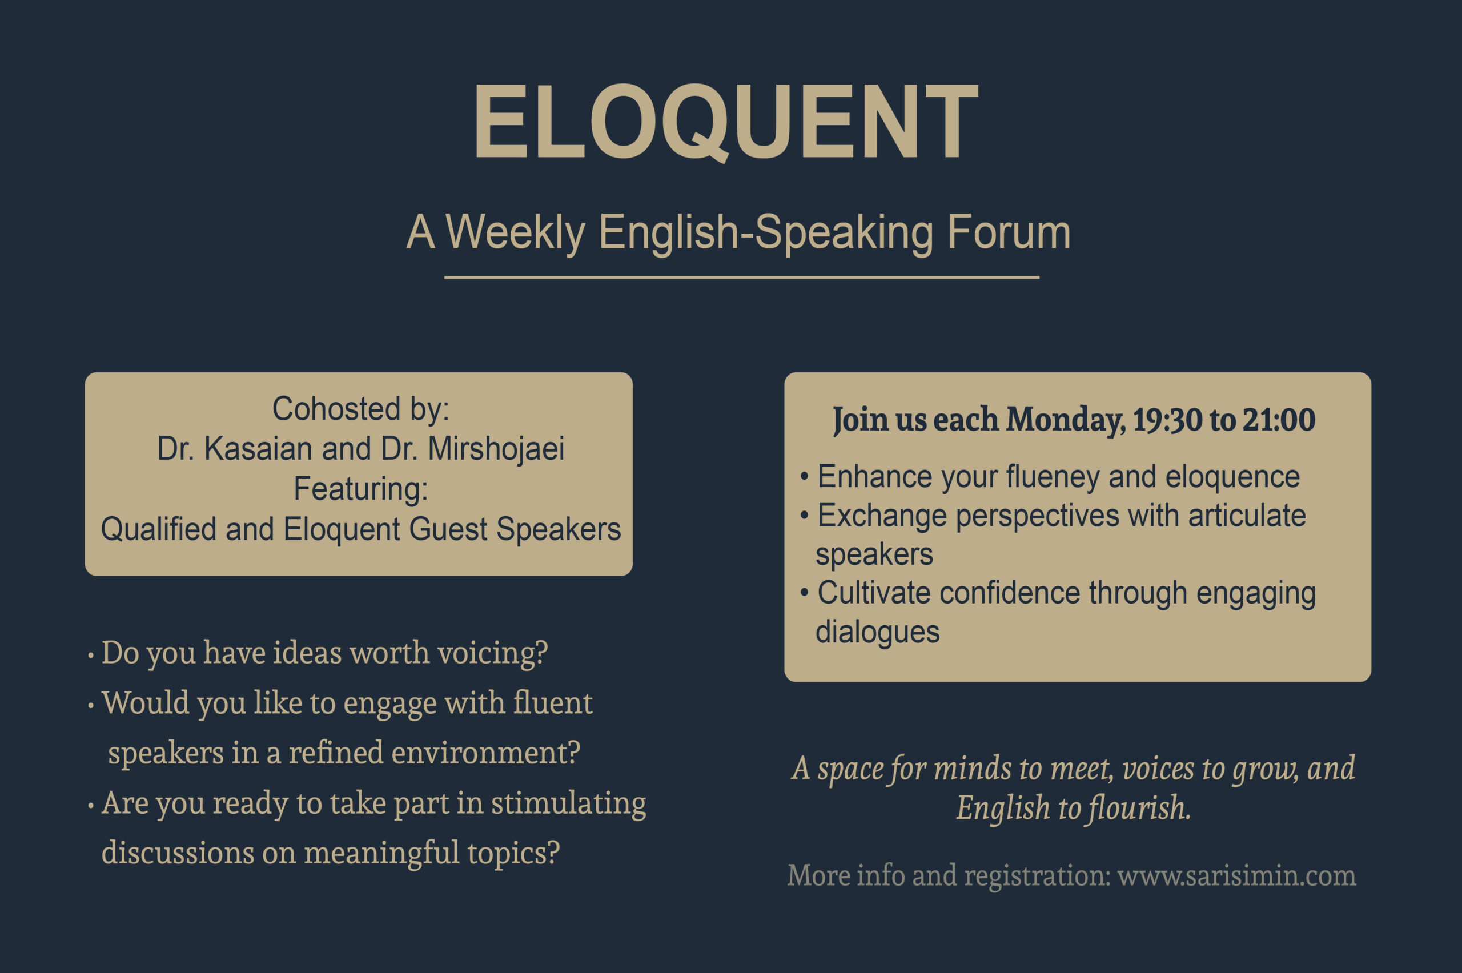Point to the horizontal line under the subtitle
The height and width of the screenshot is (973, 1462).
click(x=741, y=278)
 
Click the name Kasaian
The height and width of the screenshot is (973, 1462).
click(x=258, y=448)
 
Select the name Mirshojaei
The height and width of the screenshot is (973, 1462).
click(x=496, y=449)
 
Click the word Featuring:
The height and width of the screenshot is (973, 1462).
click(x=360, y=488)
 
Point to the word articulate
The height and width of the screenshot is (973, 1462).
click(x=1247, y=516)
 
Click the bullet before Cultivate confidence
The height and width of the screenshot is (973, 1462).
click(x=804, y=593)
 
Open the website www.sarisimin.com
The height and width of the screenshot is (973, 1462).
click(x=1237, y=875)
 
